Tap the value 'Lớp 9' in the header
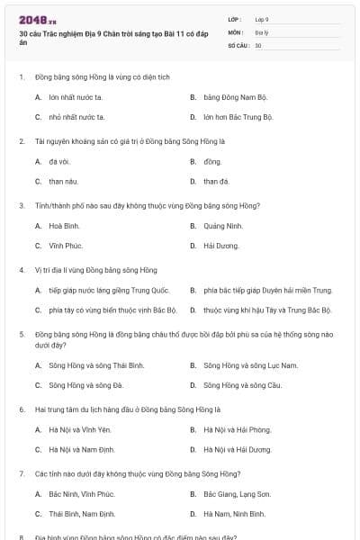pos(262,19)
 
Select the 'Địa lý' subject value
pos(261,31)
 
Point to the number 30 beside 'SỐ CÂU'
pos(258,44)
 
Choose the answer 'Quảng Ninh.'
pos(223,226)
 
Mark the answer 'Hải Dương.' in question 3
pos(221,246)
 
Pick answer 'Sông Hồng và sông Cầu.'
pos(237,385)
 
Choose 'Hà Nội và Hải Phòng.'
pos(237,429)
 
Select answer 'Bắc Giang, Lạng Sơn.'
pos(237,494)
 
